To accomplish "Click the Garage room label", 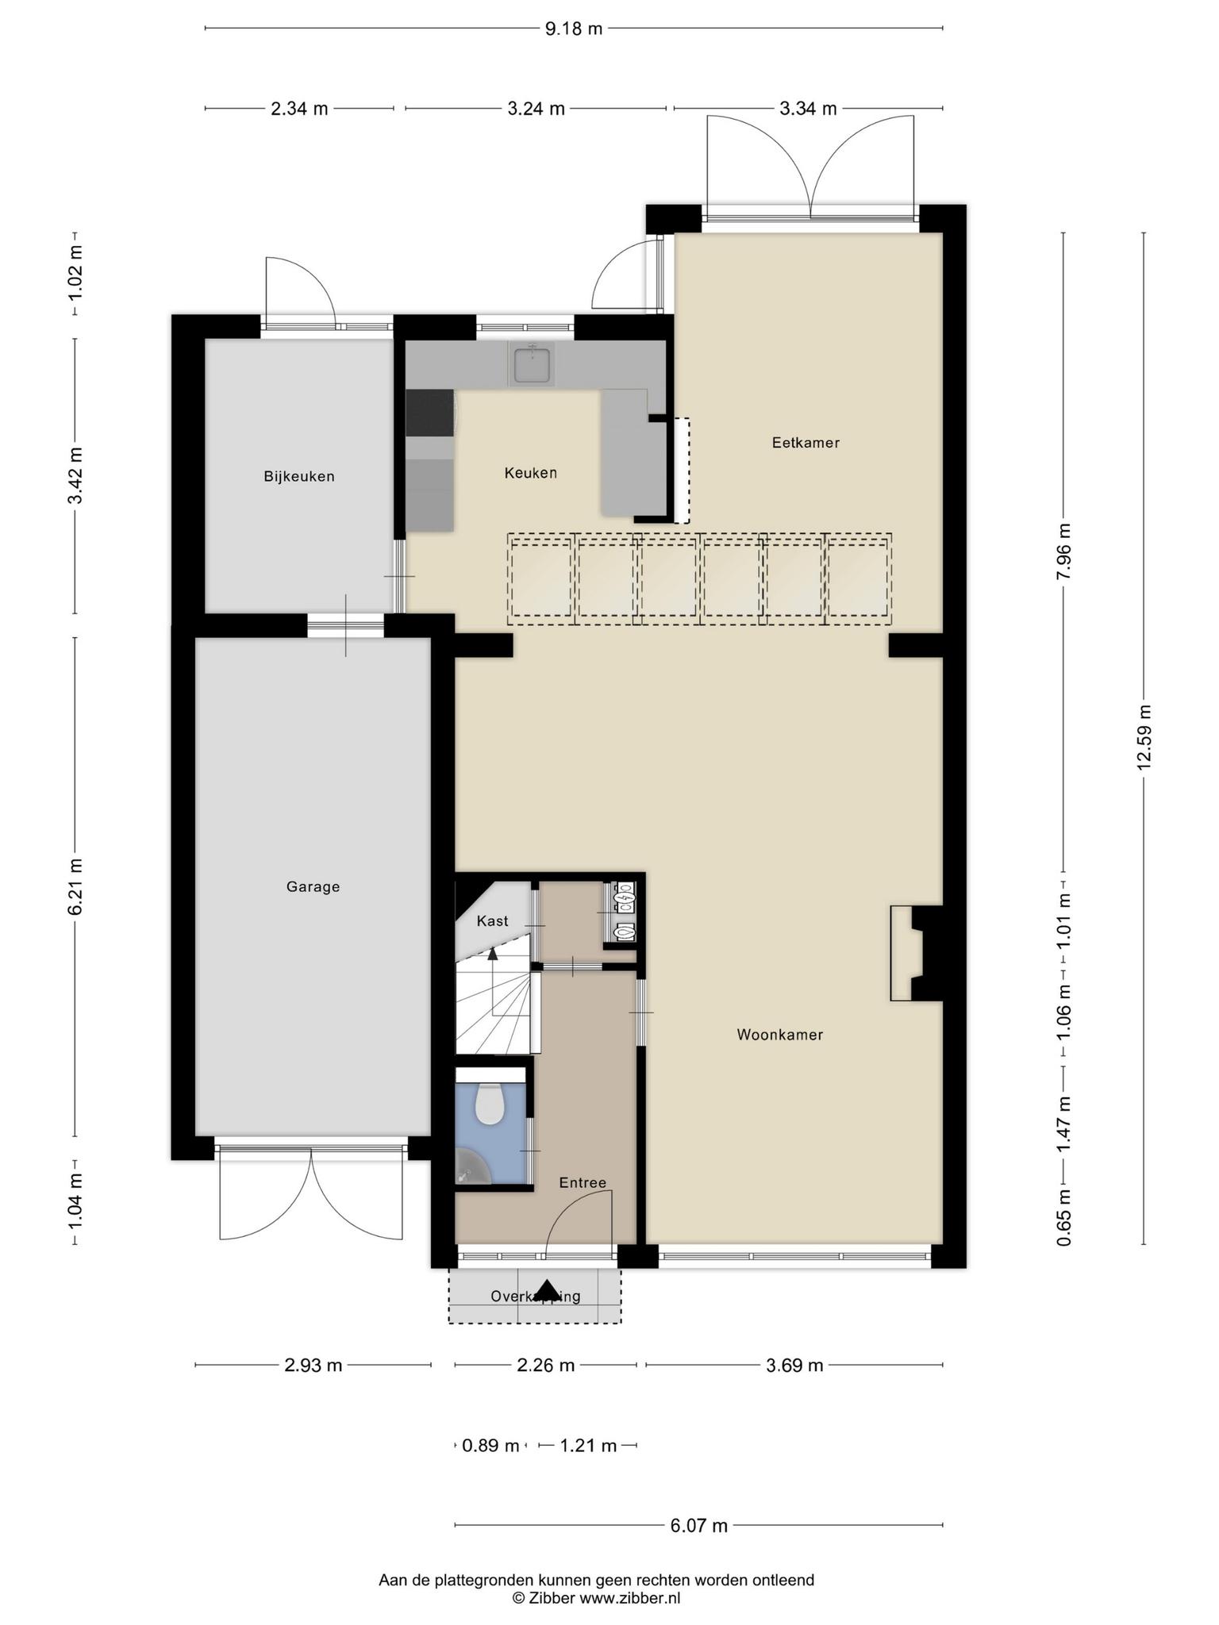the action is click(x=313, y=886).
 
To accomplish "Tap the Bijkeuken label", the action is click(x=299, y=476).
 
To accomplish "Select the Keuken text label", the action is click(x=530, y=473).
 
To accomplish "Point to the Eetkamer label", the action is click(x=806, y=443).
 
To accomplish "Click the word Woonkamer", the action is click(x=779, y=1035).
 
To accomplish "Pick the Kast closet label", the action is click(x=492, y=921).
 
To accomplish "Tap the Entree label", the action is click(x=583, y=1183).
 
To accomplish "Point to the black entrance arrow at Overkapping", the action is click(x=548, y=1291).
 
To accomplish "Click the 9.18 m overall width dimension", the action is click(x=573, y=29).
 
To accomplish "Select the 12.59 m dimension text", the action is click(x=1144, y=737).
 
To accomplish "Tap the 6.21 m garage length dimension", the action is click(x=75, y=886).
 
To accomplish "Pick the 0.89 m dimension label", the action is click(x=490, y=1446).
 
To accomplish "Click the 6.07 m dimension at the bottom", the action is click(x=698, y=1525).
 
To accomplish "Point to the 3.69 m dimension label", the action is click(x=794, y=1366).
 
